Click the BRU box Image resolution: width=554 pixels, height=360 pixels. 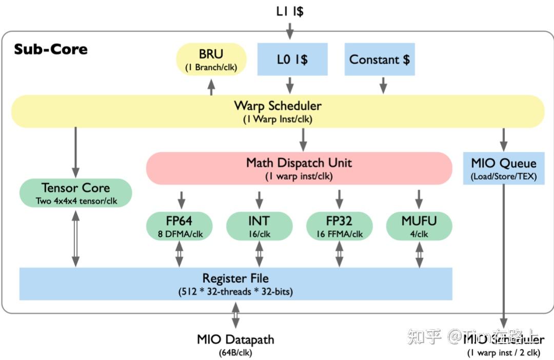211,60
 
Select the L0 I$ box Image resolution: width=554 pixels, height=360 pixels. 292,59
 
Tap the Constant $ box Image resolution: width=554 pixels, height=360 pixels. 379,59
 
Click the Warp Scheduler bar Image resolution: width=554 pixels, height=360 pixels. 278,111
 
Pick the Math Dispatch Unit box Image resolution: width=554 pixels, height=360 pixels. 299,168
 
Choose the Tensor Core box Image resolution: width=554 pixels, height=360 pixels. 75,193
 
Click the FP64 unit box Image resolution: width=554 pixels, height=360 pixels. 179,226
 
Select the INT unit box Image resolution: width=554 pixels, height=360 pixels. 259,226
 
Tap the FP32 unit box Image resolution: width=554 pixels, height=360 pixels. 339,226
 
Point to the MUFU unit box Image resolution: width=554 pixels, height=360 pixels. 419,226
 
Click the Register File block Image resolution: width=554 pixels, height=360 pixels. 235,284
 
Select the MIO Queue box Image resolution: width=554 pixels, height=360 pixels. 504,169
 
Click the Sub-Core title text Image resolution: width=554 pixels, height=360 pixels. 50,49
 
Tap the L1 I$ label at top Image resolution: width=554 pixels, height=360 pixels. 289,11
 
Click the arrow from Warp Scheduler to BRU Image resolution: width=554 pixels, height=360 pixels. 211,87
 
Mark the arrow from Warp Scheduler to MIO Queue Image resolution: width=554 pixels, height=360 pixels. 504,138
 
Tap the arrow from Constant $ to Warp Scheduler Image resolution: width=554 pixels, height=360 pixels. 382,85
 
